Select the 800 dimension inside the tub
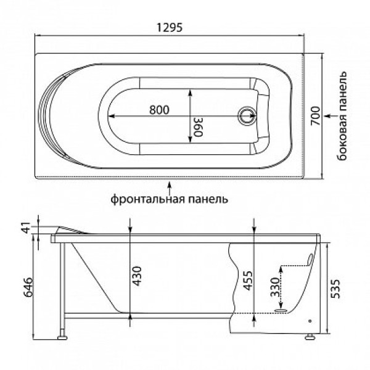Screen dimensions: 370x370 [159, 110]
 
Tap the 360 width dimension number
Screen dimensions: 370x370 [198, 127]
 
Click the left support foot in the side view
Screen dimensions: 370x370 [62, 337]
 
